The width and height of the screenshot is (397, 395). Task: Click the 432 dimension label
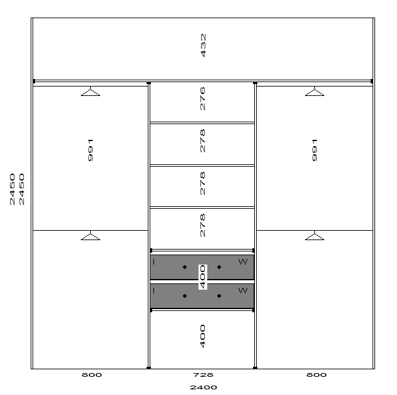203,45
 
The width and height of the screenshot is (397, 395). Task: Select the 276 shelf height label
202,98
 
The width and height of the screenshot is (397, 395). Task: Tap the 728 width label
203,375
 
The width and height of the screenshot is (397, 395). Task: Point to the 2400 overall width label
204,387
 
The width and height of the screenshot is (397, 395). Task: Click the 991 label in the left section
90,150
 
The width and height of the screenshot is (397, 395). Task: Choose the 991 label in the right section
314,150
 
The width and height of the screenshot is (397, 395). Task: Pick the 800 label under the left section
91,375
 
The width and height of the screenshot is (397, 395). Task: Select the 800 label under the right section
316,375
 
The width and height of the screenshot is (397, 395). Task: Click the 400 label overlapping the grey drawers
203,277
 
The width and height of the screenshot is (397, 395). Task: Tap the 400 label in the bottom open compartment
202,336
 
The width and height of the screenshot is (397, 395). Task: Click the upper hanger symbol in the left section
90,92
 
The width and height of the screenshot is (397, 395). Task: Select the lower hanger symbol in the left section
90,235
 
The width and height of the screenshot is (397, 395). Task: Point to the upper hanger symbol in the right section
314,92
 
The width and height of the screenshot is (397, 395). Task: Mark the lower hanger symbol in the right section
314,235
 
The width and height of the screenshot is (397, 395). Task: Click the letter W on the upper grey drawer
243,261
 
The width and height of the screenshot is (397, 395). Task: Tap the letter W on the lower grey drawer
243,290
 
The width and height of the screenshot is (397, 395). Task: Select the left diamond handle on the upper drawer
185,267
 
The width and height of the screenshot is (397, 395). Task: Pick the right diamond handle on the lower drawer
219,296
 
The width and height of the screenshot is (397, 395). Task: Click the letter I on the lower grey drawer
154,290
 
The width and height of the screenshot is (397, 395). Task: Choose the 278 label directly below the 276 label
202,140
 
